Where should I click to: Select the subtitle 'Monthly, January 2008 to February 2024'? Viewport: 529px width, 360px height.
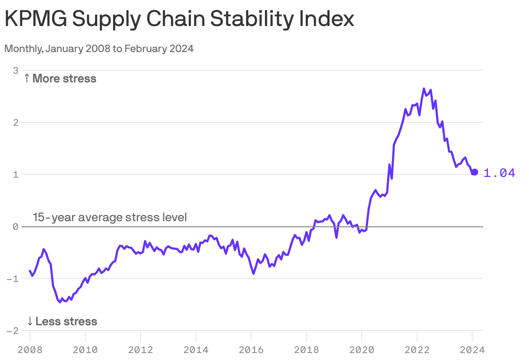[99, 49]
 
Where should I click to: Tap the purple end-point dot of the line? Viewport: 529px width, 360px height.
[474, 172]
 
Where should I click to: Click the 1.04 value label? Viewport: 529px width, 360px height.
[499, 173]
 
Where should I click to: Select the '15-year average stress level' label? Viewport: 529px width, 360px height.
[110, 217]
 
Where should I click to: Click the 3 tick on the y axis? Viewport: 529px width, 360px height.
[16, 70]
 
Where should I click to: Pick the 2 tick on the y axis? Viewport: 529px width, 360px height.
[16, 122]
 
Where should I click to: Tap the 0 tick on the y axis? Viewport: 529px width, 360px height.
[16, 226]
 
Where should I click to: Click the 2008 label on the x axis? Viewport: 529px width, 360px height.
[30, 349]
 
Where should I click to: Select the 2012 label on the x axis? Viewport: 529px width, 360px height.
[140, 349]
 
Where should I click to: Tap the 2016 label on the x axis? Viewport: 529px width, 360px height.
[251, 349]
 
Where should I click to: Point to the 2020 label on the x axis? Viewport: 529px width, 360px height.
[362, 349]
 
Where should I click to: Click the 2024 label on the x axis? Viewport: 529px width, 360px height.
[472, 349]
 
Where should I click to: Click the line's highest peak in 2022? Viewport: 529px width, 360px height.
[424, 89]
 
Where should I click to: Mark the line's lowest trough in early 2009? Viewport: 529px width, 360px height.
[60, 302]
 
